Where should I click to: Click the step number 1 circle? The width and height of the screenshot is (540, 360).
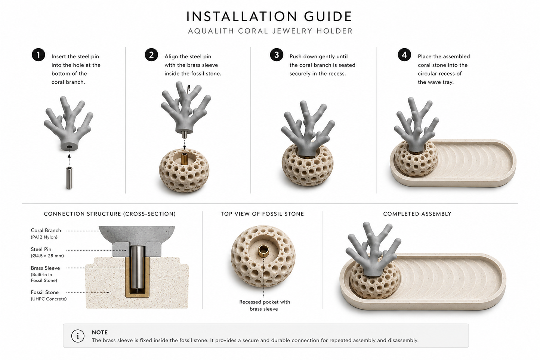[38, 55]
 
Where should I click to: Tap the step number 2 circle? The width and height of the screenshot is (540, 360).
[151, 55]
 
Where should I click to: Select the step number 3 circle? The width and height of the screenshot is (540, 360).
[277, 55]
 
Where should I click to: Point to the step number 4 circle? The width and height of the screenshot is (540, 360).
[404, 55]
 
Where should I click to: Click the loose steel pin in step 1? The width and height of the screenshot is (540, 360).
[69, 178]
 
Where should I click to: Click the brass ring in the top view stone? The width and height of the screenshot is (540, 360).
[263, 251]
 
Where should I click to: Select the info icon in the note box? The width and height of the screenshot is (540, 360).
[78, 336]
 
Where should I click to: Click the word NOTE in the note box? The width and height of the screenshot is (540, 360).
[100, 332]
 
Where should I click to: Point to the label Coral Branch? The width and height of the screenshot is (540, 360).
[46, 231]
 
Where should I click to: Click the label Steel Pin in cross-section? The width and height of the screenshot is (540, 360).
[41, 249]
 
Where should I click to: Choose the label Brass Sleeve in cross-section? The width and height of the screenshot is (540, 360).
[45, 268]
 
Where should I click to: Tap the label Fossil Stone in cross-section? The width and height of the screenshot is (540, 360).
[44, 292]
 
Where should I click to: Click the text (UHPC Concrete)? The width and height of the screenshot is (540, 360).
[49, 299]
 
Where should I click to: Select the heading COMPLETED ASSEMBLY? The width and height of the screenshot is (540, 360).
[417, 214]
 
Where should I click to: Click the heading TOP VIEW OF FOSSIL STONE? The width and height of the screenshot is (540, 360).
[262, 214]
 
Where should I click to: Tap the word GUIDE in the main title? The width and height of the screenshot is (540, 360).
[328, 16]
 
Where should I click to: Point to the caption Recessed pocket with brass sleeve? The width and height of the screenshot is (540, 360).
[265, 305]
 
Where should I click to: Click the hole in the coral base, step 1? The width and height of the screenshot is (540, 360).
[70, 147]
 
